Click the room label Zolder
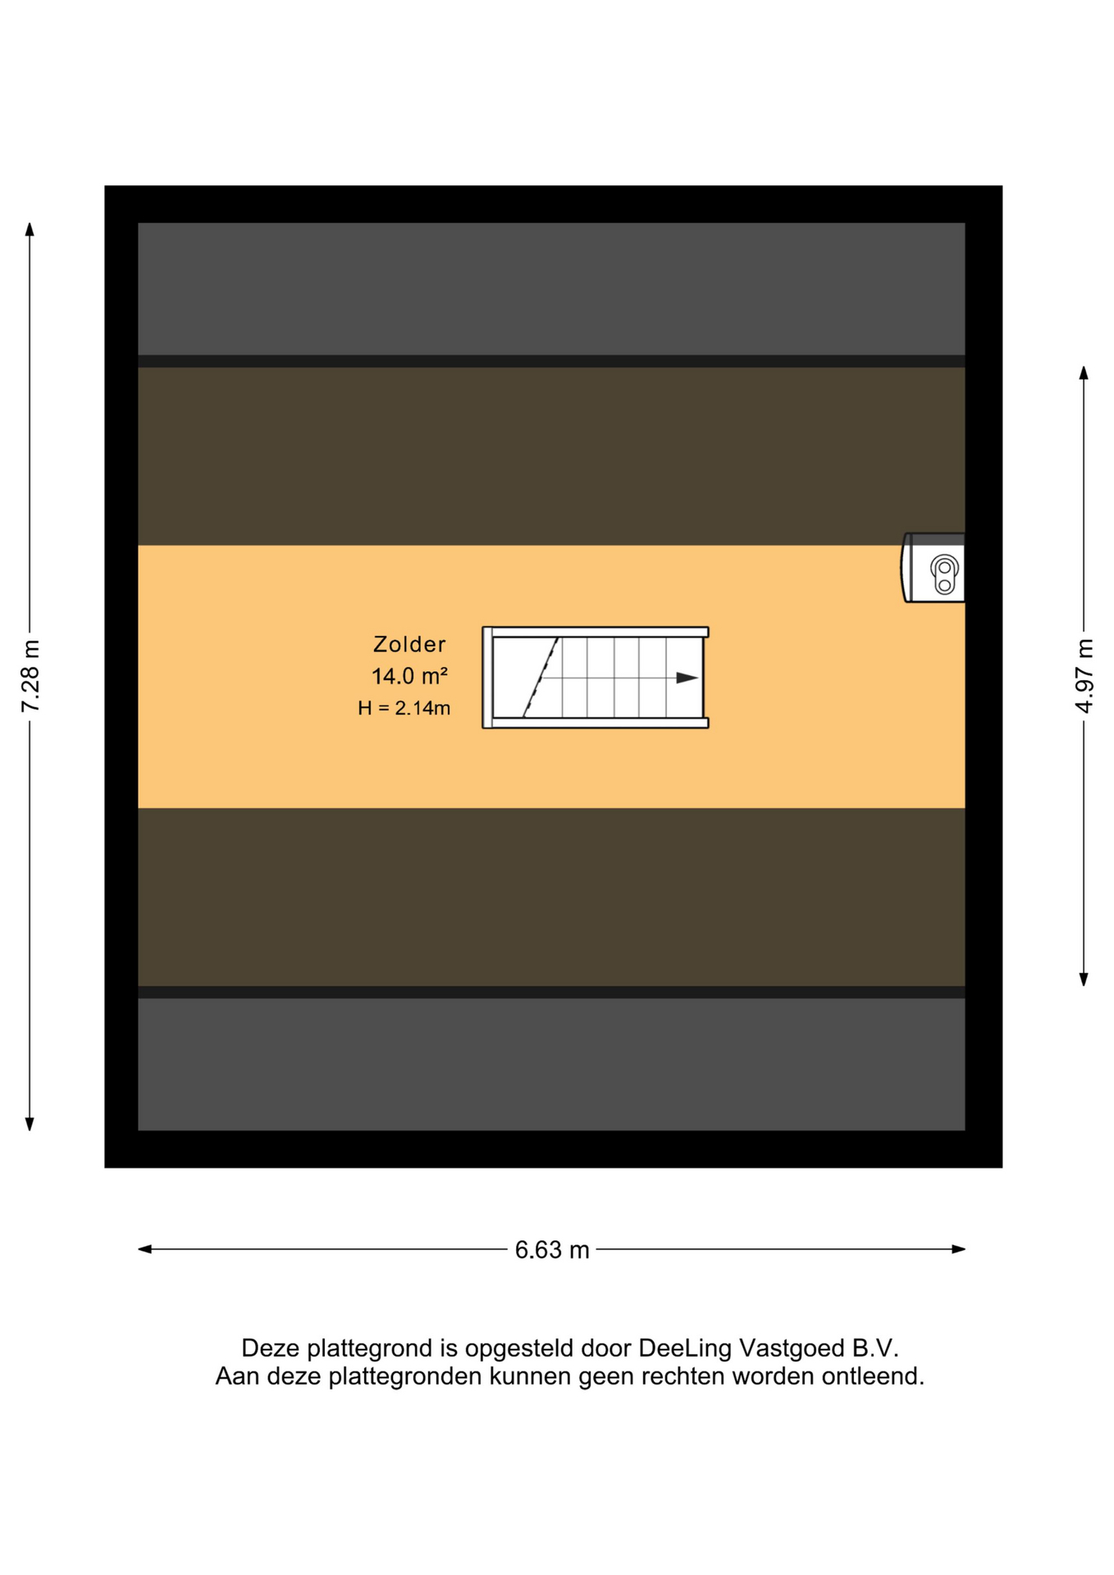point(409,644)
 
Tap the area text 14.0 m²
point(409,676)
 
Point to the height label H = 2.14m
point(404,708)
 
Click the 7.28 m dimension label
point(30,676)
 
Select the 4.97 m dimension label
point(1084,676)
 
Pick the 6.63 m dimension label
point(552,1249)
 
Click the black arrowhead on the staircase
point(687,678)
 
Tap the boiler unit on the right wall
point(933,568)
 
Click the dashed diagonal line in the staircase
point(541,678)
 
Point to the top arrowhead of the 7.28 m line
point(30,229)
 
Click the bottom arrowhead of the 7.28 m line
point(30,1124)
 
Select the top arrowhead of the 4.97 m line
point(1084,373)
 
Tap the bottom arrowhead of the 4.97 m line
point(1084,979)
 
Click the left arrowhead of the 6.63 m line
point(145,1249)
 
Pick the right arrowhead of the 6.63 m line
point(958,1249)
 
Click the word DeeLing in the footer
point(685,1348)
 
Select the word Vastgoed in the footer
point(792,1348)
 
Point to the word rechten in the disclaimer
point(683,1376)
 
